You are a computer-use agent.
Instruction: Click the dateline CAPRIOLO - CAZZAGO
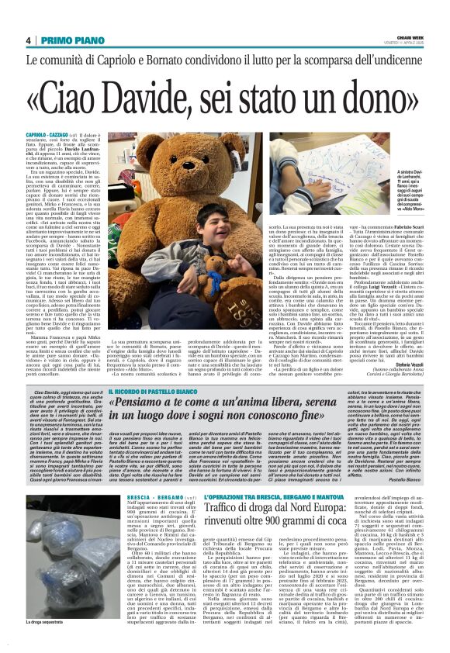(52, 134)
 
